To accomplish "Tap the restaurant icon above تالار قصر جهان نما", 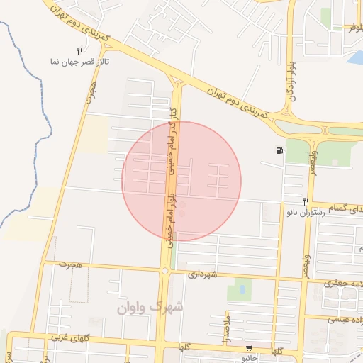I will [80, 51].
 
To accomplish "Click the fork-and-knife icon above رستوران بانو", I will [306, 201].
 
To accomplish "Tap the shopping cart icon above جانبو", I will [248, 347].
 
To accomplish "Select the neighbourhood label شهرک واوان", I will [150, 307].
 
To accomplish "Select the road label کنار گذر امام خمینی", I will [170, 142].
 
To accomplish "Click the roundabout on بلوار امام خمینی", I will [164, 270].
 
